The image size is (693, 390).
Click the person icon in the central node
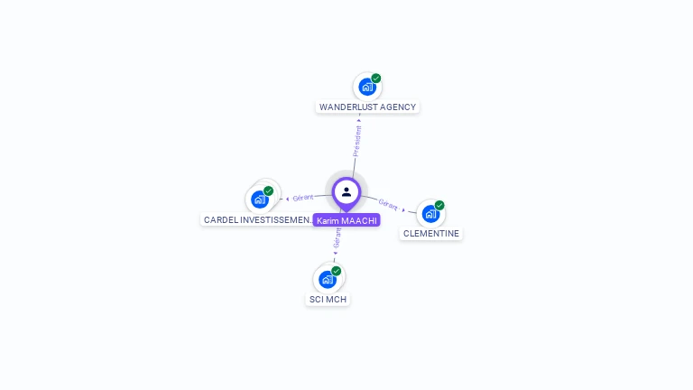(x=346, y=191)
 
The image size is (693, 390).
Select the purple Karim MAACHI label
(x=346, y=220)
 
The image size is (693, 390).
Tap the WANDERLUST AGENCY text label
(x=367, y=107)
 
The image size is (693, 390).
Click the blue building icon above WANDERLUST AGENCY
(x=366, y=88)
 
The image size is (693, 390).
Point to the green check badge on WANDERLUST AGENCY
(x=376, y=79)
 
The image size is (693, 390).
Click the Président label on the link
(x=357, y=142)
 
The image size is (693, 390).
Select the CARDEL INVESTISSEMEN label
(x=258, y=219)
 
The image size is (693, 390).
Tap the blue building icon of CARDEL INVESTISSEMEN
(x=260, y=200)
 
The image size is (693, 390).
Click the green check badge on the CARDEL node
(x=269, y=190)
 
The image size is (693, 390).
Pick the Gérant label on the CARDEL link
(x=303, y=197)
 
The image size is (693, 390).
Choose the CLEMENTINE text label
(x=430, y=233)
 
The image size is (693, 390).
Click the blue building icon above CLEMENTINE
(x=430, y=214)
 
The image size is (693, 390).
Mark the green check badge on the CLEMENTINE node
(x=439, y=205)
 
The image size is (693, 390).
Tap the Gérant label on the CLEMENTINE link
(x=388, y=204)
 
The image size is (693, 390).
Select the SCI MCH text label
(x=328, y=299)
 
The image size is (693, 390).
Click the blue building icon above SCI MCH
(x=327, y=280)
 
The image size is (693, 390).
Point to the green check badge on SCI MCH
(x=337, y=271)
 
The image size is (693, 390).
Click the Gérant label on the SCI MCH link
(x=337, y=237)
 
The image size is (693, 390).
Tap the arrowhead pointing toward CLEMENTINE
(x=404, y=209)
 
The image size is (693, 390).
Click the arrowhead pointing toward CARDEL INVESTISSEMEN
(x=287, y=198)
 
